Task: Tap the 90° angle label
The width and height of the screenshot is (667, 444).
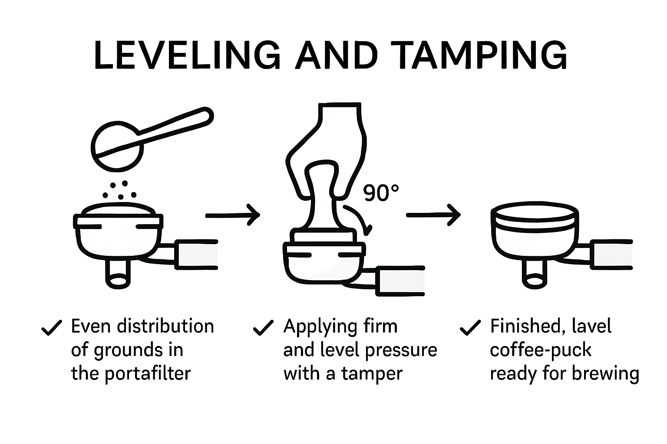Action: point(381,193)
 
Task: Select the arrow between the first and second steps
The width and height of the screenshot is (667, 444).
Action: point(233,215)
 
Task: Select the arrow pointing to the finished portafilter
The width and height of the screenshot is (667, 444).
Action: point(433,215)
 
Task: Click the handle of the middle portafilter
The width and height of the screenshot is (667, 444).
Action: point(400,281)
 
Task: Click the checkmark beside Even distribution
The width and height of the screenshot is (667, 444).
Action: point(51,327)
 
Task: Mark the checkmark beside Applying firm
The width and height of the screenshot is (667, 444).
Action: point(263,327)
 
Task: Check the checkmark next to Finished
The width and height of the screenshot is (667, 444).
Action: point(470,327)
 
